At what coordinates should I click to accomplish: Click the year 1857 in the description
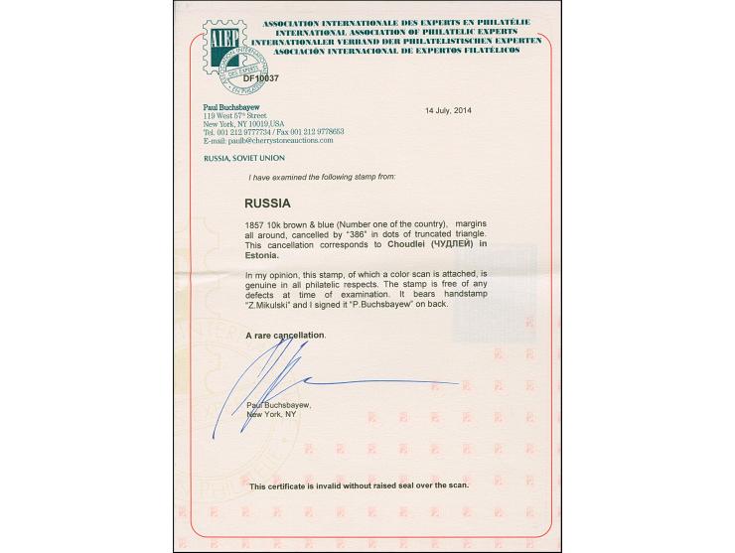tap(254, 224)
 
